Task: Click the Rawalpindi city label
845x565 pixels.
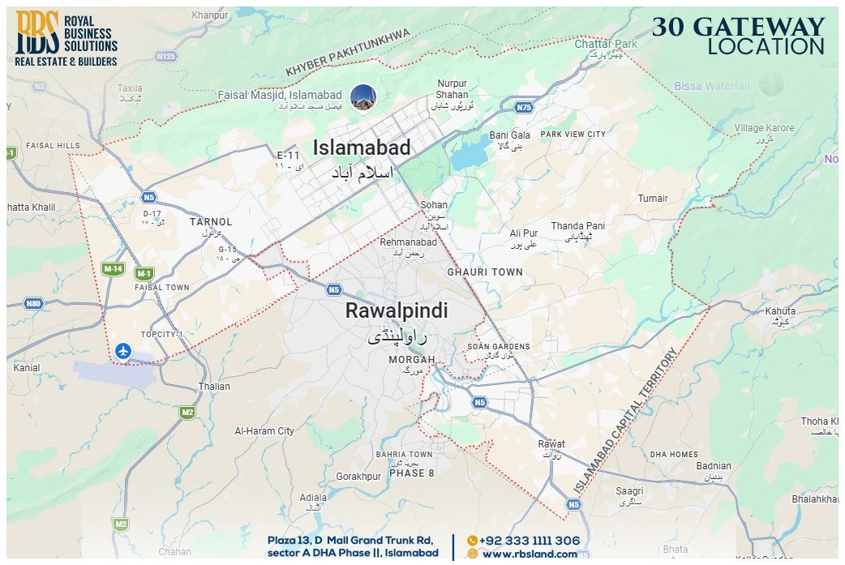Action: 397,311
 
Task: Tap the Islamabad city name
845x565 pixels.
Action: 362,148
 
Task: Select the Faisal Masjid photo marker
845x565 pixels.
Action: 362,97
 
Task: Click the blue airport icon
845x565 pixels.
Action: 122,351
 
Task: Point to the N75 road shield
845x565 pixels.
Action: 525,106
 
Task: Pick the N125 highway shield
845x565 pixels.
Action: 165,56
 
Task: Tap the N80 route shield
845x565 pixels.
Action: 32,304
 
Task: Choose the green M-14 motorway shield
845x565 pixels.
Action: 112,268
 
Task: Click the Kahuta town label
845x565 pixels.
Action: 780,310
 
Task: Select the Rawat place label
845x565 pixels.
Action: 551,444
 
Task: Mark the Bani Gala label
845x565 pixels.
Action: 509,135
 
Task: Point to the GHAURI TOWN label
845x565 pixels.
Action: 485,272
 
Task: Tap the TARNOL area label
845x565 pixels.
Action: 211,221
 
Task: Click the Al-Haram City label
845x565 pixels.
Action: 264,431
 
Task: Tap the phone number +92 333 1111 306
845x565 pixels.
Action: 529,541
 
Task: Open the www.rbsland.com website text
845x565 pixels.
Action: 529,554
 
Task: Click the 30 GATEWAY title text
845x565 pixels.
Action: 738,27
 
